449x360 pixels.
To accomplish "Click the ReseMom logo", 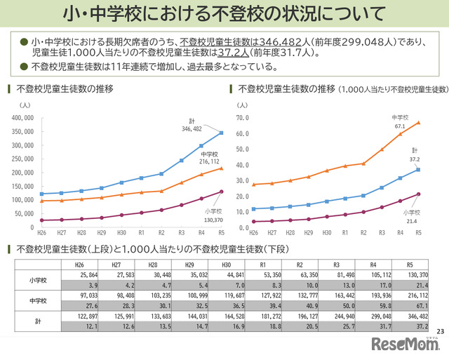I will point(405,345).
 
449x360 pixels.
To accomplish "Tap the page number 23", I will point(440,331).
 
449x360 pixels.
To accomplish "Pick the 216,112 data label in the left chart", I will point(209,161).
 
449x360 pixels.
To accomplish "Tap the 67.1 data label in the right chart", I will point(400,126).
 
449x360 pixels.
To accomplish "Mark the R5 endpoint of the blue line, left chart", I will point(222,133).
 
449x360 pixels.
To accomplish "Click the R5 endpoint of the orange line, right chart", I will point(419,122).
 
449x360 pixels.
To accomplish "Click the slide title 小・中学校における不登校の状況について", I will point(224,13).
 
